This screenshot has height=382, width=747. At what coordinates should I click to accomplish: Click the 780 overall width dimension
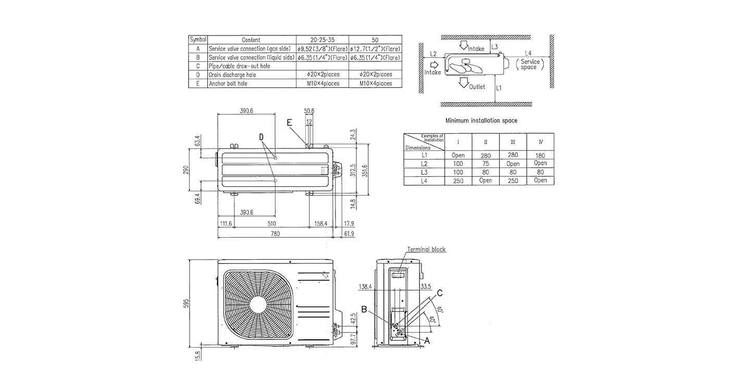point(275,234)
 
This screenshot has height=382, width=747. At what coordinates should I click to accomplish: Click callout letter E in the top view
point(290,122)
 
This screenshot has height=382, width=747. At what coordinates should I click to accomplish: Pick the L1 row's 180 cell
point(540,155)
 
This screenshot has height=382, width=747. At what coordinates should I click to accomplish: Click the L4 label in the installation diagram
point(528,53)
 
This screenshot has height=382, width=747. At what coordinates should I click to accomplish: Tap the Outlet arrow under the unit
point(463,83)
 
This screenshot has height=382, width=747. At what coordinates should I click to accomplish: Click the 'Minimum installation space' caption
point(481,121)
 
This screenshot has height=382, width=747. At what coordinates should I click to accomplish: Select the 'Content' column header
point(251,40)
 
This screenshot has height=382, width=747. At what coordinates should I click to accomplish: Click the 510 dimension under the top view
point(271,224)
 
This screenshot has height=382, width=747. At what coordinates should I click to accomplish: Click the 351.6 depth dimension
point(365,170)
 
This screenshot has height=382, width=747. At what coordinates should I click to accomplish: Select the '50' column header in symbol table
point(375,40)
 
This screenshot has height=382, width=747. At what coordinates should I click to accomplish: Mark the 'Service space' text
point(530,64)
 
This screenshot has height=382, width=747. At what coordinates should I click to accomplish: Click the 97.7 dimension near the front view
point(352,340)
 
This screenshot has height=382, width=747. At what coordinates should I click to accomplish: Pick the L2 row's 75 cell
point(486,163)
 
